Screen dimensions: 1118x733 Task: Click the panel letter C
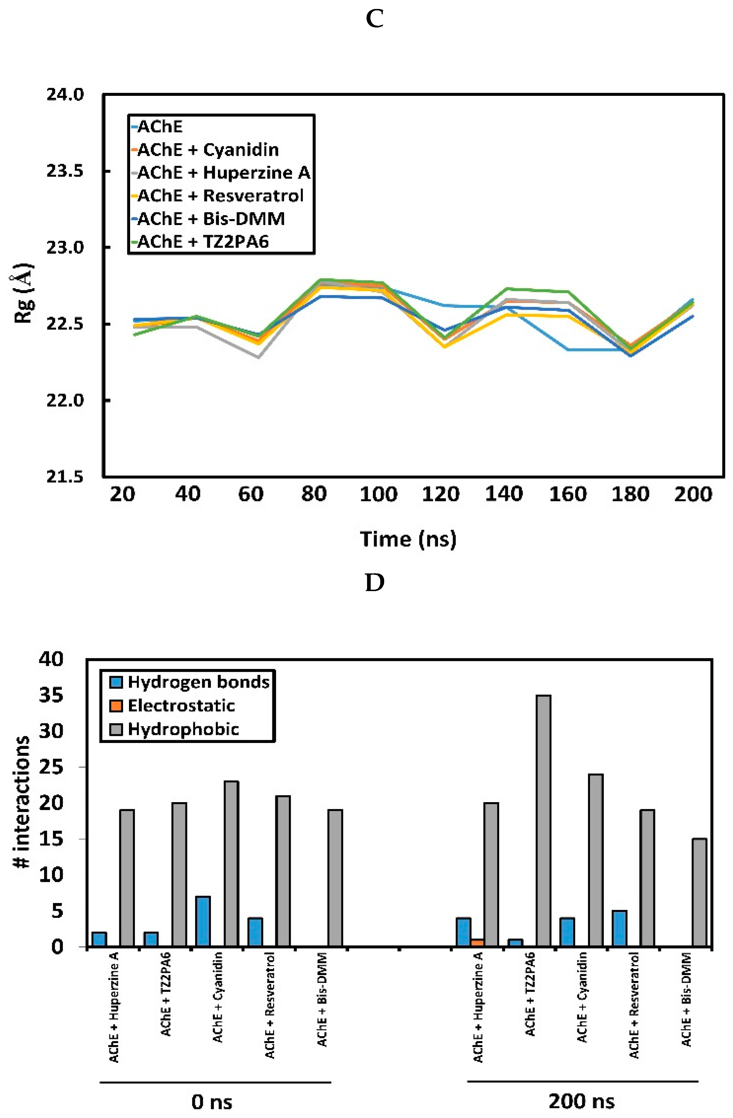(x=374, y=19)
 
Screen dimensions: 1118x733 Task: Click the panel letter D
(x=374, y=583)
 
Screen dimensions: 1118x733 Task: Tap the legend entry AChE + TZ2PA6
(x=202, y=242)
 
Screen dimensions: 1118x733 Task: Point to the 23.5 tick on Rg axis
(x=65, y=171)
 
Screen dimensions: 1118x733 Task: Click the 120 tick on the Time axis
(x=441, y=494)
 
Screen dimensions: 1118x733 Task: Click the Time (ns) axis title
(x=408, y=539)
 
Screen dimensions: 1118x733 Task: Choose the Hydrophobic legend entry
(x=183, y=729)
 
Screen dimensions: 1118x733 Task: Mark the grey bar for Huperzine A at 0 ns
(x=127, y=878)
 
